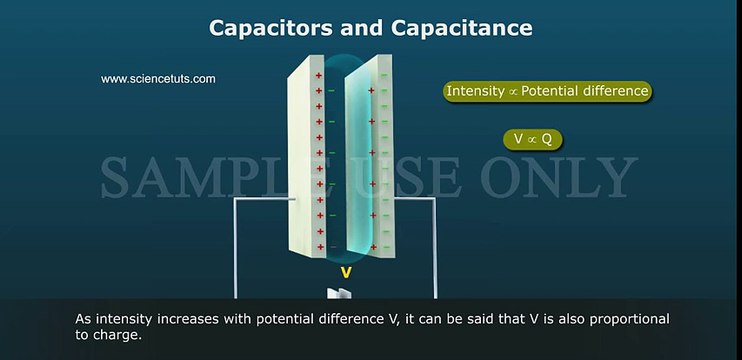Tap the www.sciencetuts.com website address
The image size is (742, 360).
point(158,79)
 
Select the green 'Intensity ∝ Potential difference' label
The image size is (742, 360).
point(547,91)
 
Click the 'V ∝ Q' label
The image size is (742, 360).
point(533,139)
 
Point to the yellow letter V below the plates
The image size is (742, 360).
point(346,271)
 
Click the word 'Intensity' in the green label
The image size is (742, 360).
point(476,91)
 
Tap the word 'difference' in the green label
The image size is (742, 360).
point(614,91)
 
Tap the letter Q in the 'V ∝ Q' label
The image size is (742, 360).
point(546,139)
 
